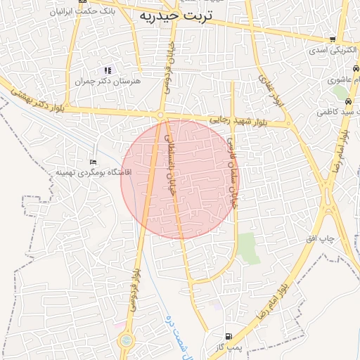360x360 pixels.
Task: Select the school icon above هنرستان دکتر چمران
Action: [x=108, y=70]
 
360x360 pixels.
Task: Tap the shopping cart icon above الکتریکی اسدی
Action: [x=333, y=39]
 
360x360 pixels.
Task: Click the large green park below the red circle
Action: [x=247, y=248]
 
